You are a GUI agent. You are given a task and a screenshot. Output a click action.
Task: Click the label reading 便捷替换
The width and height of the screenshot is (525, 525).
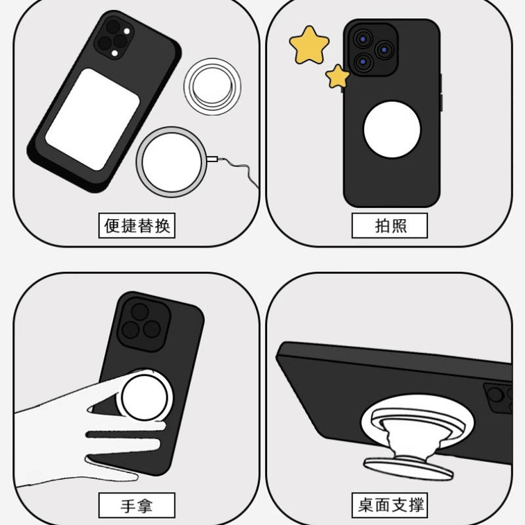tap(137, 225)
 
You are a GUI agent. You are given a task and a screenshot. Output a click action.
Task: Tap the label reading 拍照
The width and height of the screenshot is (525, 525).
tap(390, 225)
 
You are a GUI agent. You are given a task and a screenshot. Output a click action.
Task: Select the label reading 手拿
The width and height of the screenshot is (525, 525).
tap(137, 506)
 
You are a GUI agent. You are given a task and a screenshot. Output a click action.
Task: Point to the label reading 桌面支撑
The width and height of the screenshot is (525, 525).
tap(390, 506)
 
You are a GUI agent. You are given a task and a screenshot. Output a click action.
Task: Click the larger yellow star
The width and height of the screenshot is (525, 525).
tap(309, 45)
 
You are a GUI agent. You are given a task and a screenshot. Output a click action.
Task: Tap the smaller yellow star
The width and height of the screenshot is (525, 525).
tap(338, 76)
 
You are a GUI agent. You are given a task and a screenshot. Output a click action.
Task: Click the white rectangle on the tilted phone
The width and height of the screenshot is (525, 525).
tap(92, 119)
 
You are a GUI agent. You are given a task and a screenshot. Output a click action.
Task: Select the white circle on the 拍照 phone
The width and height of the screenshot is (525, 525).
tap(392, 130)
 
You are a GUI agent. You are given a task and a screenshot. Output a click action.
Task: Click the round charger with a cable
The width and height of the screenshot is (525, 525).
tap(171, 162)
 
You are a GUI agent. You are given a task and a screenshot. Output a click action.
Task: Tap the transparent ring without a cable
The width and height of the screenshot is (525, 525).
tap(212, 87)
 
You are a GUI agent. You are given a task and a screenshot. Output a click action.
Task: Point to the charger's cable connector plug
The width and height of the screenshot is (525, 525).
tap(212, 160)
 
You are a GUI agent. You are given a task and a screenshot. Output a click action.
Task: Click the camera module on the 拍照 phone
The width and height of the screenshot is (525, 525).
tap(372, 49)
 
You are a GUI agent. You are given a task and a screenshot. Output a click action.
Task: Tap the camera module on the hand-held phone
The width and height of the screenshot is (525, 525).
tap(143, 323)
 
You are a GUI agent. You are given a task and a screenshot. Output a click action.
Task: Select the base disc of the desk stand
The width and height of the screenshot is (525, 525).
tap(409, 466)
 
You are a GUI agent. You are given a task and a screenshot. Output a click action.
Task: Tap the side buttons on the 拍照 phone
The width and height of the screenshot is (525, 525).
tap(440, 94)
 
